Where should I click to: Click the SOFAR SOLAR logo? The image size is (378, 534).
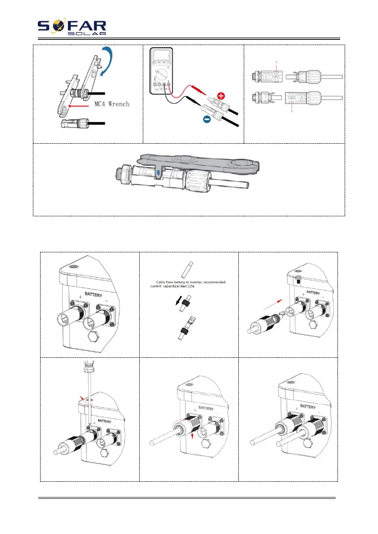[72, 27]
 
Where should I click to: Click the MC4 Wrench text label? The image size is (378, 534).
[112, 104]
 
